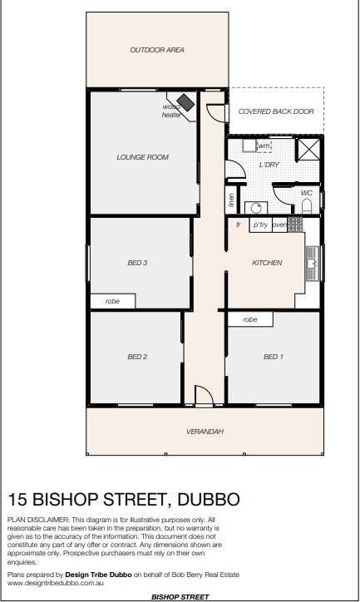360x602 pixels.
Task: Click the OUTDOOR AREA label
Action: point(157,50)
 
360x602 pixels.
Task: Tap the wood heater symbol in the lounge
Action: point(186,102)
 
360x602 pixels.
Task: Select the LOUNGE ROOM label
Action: point(142,157)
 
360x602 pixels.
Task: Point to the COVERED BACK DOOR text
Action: point(276,111)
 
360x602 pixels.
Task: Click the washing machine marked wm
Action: point(264,146)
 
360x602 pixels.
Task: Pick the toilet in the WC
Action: point(306,207)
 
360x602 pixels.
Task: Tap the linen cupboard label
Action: point(231,200)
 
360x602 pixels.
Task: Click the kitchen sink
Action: point(313,264)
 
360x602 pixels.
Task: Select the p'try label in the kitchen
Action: point(260,225)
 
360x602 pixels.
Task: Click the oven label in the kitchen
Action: point(279,225)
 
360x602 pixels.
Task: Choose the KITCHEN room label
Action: point(267,263)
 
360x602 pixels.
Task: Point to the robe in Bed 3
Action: point(112,301)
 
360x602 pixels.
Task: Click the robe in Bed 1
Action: point(250,319)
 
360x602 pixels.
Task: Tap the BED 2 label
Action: point(137,357)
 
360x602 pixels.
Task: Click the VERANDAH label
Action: point(205,432)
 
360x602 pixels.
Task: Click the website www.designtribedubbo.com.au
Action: point(56,583)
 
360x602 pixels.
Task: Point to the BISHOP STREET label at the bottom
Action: point(180,597)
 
